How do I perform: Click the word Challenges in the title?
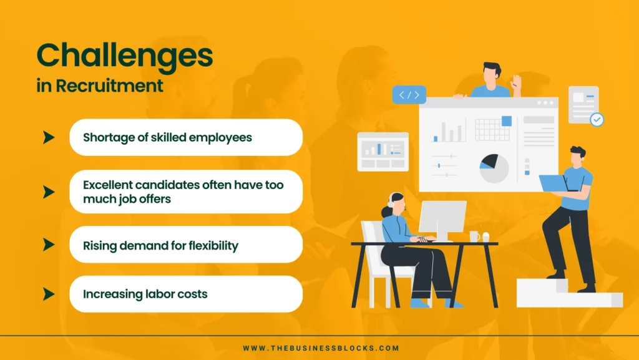(125, 57)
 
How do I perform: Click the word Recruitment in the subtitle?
(109, 86)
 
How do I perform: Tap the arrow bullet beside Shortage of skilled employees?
(49, 138)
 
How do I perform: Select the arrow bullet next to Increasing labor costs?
(49, 294)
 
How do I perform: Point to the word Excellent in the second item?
(107, 185)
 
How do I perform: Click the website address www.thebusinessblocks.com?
(321, 348)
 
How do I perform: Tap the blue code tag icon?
(409, 95)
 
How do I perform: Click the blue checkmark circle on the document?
(597, 119)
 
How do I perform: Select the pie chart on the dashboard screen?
(494, 168)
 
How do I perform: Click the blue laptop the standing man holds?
(554, 183)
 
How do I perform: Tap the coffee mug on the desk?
(474, 236)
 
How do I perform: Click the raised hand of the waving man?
(516, 83)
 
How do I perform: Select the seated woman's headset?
(392, 201)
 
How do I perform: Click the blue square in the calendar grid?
(507, 121)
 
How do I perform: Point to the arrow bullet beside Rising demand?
(49, 245)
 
